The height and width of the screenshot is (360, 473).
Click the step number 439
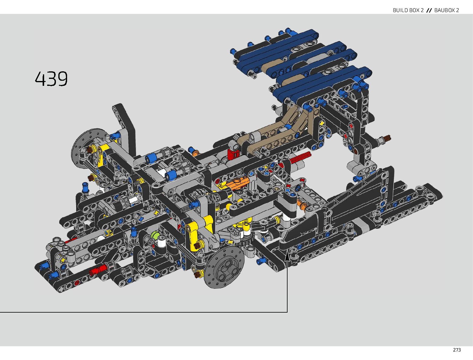pyautogui.click(x=51, y=79)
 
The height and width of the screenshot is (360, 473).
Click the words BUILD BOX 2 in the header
pyautogui.click(x=408, y=10)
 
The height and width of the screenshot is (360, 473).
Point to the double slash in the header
pyautogui.click(x=429, y=10)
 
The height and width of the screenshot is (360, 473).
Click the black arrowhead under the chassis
pyautogui.click(x=287, y=257)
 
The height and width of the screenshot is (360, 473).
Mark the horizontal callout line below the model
pyautogui.click(x=144, y=312)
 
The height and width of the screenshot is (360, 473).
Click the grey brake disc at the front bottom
pyautogui.click(x=224, y=268)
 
